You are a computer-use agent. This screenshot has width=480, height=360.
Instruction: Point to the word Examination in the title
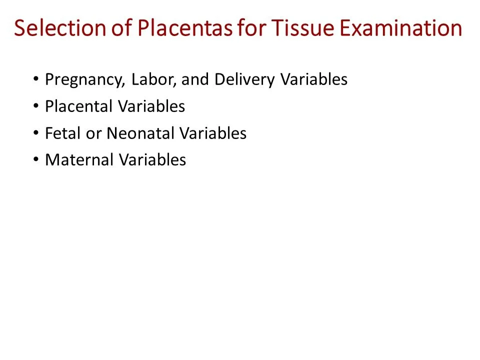click(401, 28)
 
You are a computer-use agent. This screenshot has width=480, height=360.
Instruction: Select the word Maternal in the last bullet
click(79, 159)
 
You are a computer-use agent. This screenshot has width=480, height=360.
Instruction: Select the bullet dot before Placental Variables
click(36, 106)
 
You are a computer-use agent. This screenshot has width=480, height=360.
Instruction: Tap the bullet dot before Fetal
click(36, 133)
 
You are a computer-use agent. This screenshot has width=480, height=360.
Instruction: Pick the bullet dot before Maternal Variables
click(36, 160)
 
